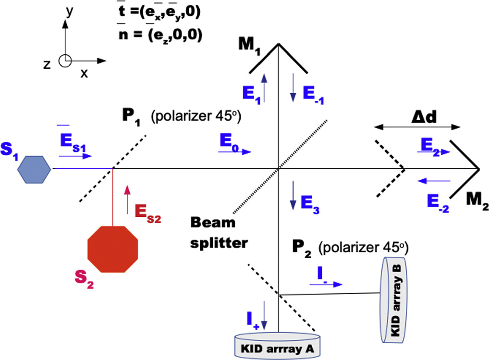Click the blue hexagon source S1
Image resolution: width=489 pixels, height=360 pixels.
click(x=34, y=169)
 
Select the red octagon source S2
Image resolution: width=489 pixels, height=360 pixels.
click(x=113, y=249)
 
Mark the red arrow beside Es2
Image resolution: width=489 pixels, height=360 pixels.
click(x=127, y=199)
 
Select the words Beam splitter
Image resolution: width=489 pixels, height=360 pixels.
click(x=218, y=233)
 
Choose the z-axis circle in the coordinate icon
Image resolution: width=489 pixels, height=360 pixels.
click(x=65, y=61)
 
